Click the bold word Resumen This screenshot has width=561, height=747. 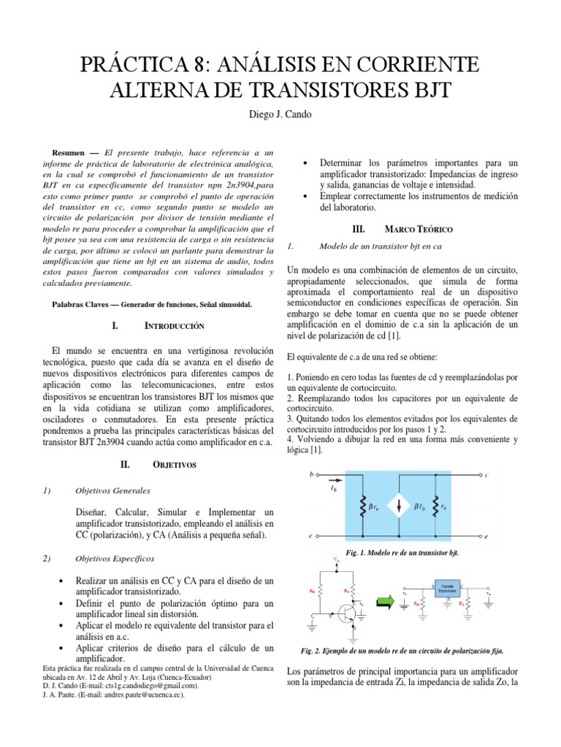69,153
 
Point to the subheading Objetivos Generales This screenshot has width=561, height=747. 112,490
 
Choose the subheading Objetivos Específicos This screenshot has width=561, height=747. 115,558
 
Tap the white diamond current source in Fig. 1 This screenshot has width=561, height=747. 400,505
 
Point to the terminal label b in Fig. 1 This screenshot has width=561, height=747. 311,474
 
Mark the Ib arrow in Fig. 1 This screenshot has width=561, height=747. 333,482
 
